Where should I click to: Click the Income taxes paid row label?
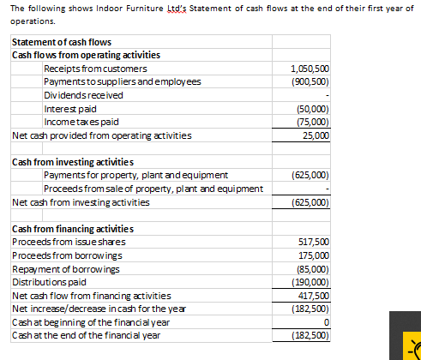tap(81, 122)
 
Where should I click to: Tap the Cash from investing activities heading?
tap(72, 163)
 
